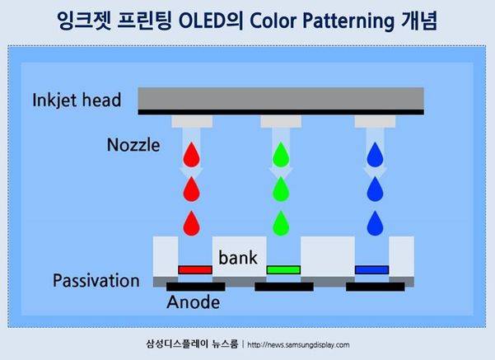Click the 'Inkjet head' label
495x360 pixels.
(77, 101)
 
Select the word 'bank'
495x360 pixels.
(238, 258)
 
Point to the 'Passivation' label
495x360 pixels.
(96, 281)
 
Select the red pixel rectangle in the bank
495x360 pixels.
(195, 269)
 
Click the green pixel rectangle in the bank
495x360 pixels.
(283, 269)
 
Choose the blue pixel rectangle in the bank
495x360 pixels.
(371, 269)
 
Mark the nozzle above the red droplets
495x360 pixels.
(191, 121)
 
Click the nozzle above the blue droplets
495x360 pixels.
(376, 121)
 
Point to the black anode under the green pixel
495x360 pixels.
(283, 287)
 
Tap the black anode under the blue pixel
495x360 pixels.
(375, 287)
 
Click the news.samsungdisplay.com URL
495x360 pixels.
(298, 345)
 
